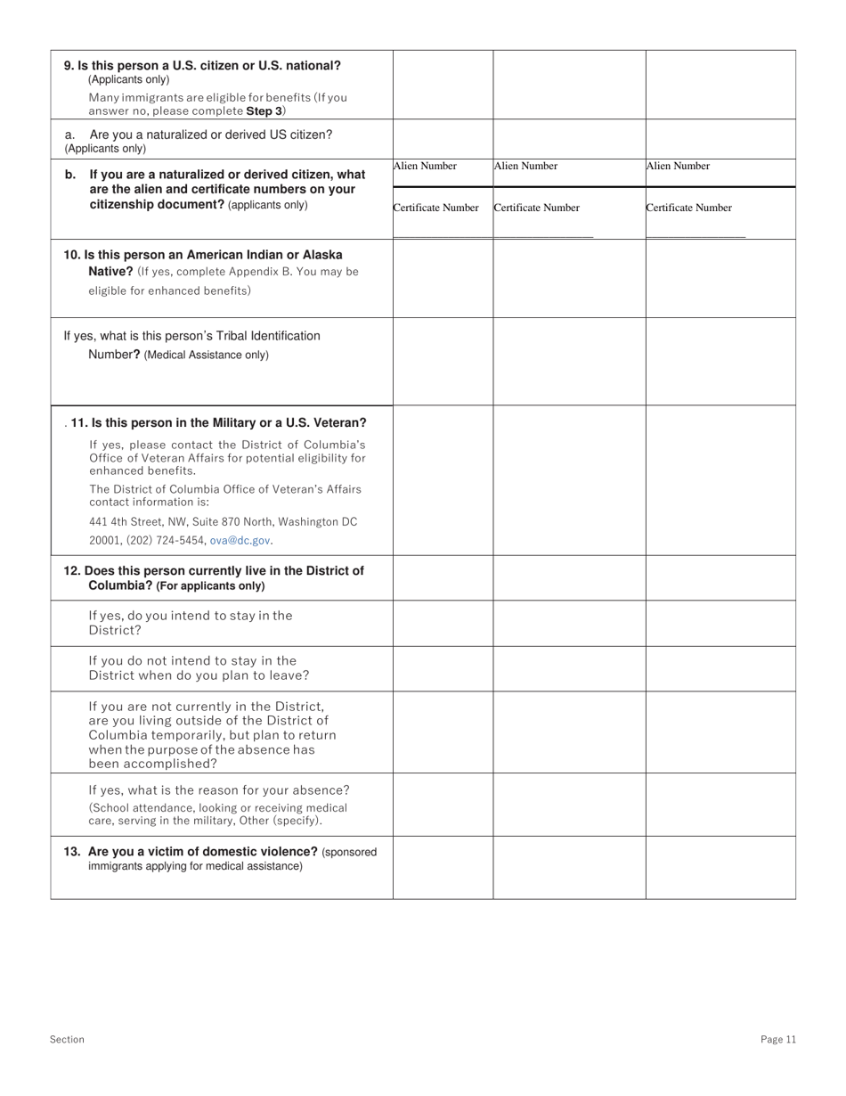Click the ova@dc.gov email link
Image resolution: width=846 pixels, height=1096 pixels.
(x=240, y=540)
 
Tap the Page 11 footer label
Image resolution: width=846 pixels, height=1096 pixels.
(x=778, y=1039)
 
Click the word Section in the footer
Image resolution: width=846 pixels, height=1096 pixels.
(x=68, y=1039)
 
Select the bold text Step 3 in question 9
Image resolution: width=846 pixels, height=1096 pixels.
(x=264, y=111)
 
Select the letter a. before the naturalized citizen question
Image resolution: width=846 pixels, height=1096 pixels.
(x=70, y=135)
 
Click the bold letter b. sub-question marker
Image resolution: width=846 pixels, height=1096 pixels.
(x=71, y=175)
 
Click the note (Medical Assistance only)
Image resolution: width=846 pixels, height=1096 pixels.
(x=206, y=355)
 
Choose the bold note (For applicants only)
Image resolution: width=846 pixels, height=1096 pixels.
(x=210, y=586)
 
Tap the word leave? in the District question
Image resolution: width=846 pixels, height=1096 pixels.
(x=287, y=675)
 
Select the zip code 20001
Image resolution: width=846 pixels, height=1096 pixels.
(x=103, y=540)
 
